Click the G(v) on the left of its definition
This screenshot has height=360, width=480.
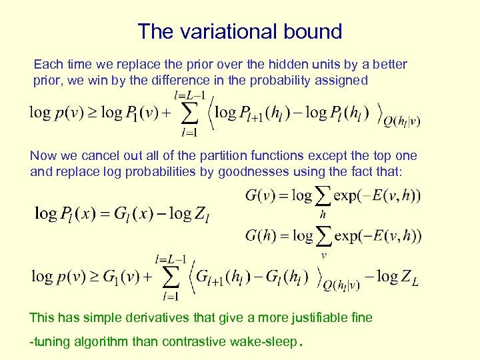[x=262, y=195]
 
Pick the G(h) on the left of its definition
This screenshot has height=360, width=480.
[x=262, y=235]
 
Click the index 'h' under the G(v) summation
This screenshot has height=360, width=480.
[x=323, y=215]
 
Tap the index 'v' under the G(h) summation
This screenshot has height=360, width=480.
[x=323, y=254]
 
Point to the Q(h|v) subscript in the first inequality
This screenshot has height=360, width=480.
[x=402, y=121]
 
